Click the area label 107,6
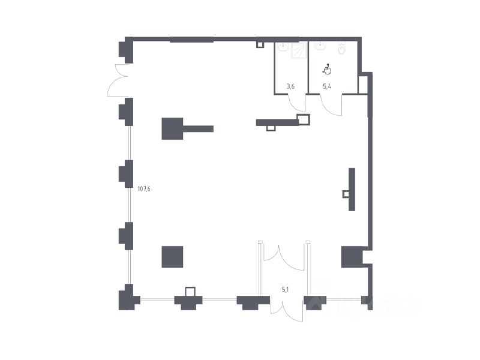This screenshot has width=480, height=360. pyautogui.click(x=144, y=188)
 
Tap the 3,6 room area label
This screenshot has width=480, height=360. pyautogui.click(x=290, y=86)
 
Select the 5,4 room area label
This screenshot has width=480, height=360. pyautogui.click(x=327, y=86)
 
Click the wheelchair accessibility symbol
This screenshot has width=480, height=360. pyautogui.click(x=328, y=70)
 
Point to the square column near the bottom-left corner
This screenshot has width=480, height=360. pyautogui.click(x=173, y=257)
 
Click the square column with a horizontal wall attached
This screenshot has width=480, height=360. pyautogui.click(x=172, y=128)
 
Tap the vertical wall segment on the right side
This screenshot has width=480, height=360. pyautogui.click(x=352, y=189)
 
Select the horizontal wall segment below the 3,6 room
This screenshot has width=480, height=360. pyautogui.click(x=277, y=122)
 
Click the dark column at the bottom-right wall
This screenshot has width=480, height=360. pyautogui.click(x=351, y=257)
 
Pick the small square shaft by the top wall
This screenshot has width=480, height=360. pyautogui.click(x=260, y=44)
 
